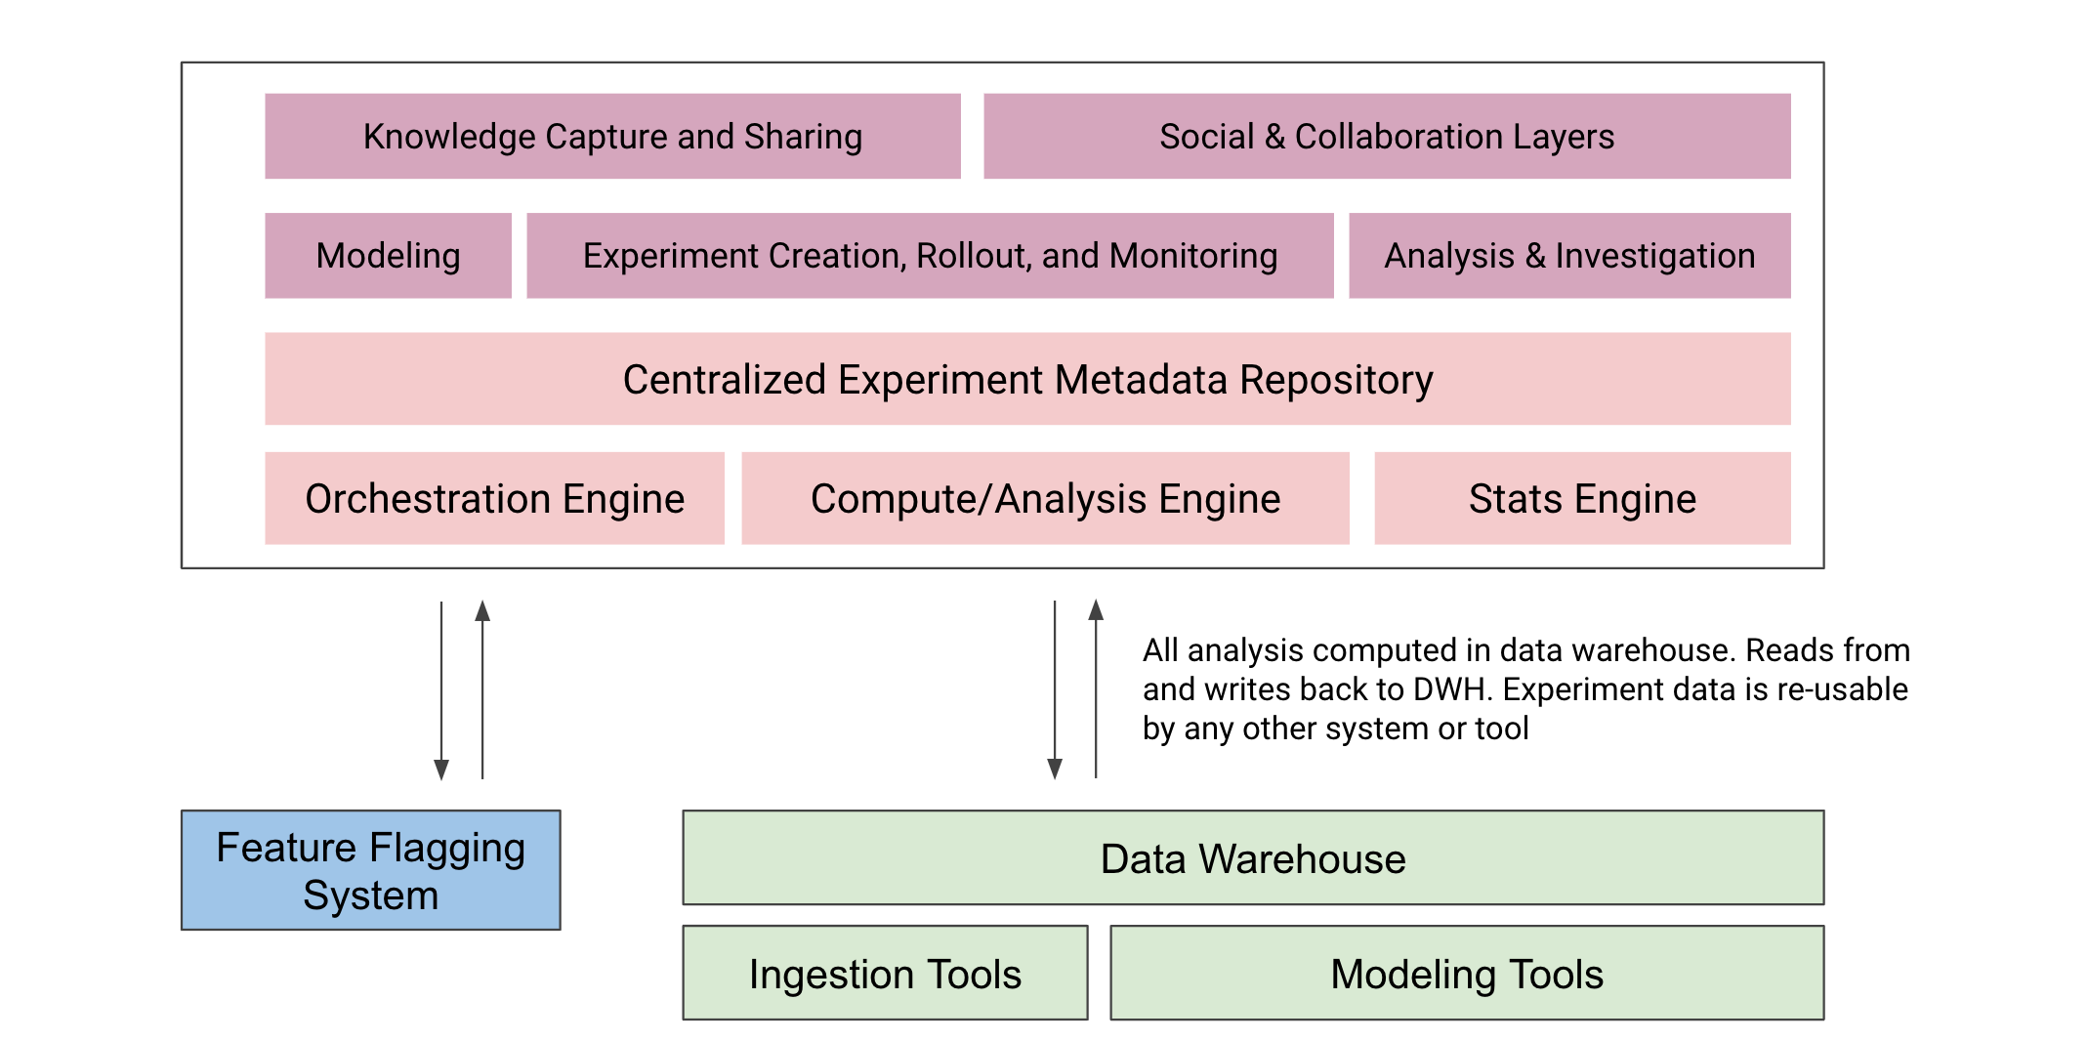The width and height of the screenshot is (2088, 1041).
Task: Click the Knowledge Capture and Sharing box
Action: click(612, 137)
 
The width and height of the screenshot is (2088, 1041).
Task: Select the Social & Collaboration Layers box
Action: click(1387, 137)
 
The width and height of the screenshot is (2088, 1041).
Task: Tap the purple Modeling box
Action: click(388, 256)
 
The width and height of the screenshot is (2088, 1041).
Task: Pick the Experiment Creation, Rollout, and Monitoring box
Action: click(930, 256)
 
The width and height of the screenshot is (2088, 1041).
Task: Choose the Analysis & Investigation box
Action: click(1569, 256)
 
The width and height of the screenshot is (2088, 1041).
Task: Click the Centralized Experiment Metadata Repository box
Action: click(1027, 379)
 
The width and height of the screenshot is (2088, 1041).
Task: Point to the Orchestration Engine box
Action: click(494, 498)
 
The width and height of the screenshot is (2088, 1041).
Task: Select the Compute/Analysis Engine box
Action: click(1045, 498)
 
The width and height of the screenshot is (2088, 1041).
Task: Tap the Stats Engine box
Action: click(1582, 498)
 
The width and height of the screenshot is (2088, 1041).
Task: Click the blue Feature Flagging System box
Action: click(370, 870)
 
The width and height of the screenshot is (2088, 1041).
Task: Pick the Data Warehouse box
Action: click(1253, 858)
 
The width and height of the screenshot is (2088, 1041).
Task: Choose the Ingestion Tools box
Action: click(885, 974)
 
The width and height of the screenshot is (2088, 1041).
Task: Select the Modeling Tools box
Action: click(1467, 974)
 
